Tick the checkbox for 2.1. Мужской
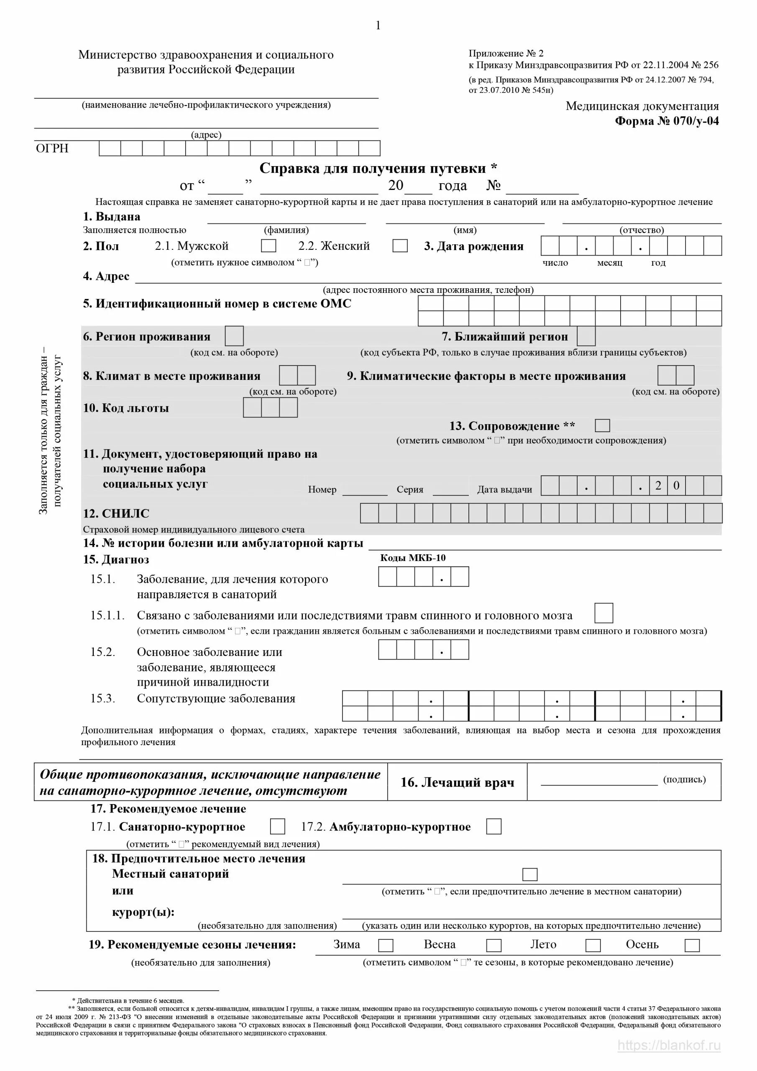pos(268,246)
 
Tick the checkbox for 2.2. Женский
pos(400,246)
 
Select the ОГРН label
pos(52,149)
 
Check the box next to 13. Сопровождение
pos(602,425)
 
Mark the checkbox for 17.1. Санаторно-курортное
pos(278,827)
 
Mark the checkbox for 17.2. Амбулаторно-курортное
pos(494,827)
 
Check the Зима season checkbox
pos(386,945)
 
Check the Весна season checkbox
pos(494,945)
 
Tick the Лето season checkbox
pos(593,945)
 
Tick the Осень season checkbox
pos(692,945)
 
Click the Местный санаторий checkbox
pos(530,874)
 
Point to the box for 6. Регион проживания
pos(234,336)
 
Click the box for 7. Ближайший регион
pos(586,336)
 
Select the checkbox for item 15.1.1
pos(604,613)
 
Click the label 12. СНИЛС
pos(116,514)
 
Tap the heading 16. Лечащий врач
pos(457,782)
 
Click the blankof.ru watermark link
pos(669,1045)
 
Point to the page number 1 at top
pos(378,26)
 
